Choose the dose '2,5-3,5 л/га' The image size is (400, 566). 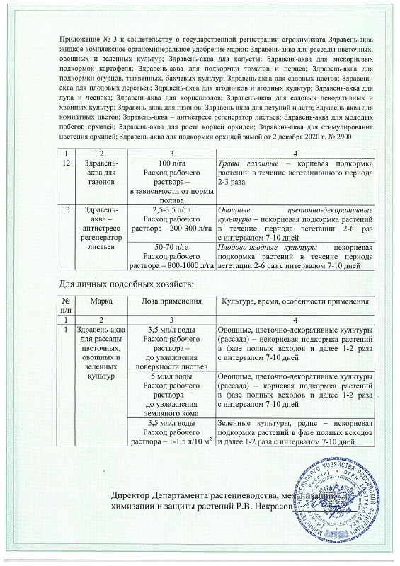coord(171,210)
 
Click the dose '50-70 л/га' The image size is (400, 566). coord(171,246)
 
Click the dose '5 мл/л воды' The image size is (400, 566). coord(171,376)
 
